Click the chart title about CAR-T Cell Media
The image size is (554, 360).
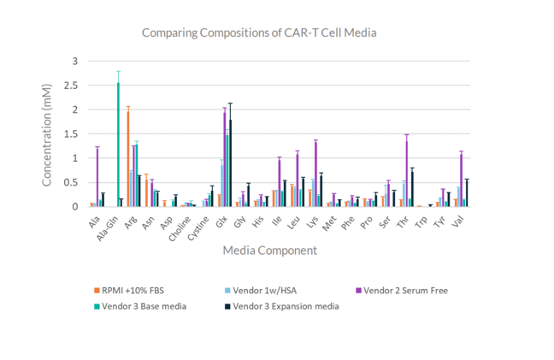[x=259, y=32]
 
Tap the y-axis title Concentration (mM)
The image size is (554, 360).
[x=48, y=133]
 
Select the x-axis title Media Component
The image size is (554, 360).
[x=269, y=251]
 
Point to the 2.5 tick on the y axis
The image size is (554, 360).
[x=73, y=86]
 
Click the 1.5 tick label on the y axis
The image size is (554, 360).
[x=73, y=134]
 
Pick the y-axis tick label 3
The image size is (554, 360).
[x=74, y=62]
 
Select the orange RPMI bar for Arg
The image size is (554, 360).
[x=127, y=158]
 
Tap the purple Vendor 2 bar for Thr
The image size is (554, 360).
[x=407, y=171]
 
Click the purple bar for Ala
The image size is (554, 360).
[x=97, y=177]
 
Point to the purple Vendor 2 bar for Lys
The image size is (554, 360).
[x=315, y=174]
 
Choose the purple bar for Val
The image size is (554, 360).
[x=462, y=180]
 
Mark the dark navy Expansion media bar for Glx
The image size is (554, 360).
[x=230, y=163]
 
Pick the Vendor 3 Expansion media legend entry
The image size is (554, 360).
[x=286, y=306]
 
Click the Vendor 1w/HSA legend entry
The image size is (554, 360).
[x=268, y=291]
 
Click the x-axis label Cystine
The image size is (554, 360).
[x=200, y=224]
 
